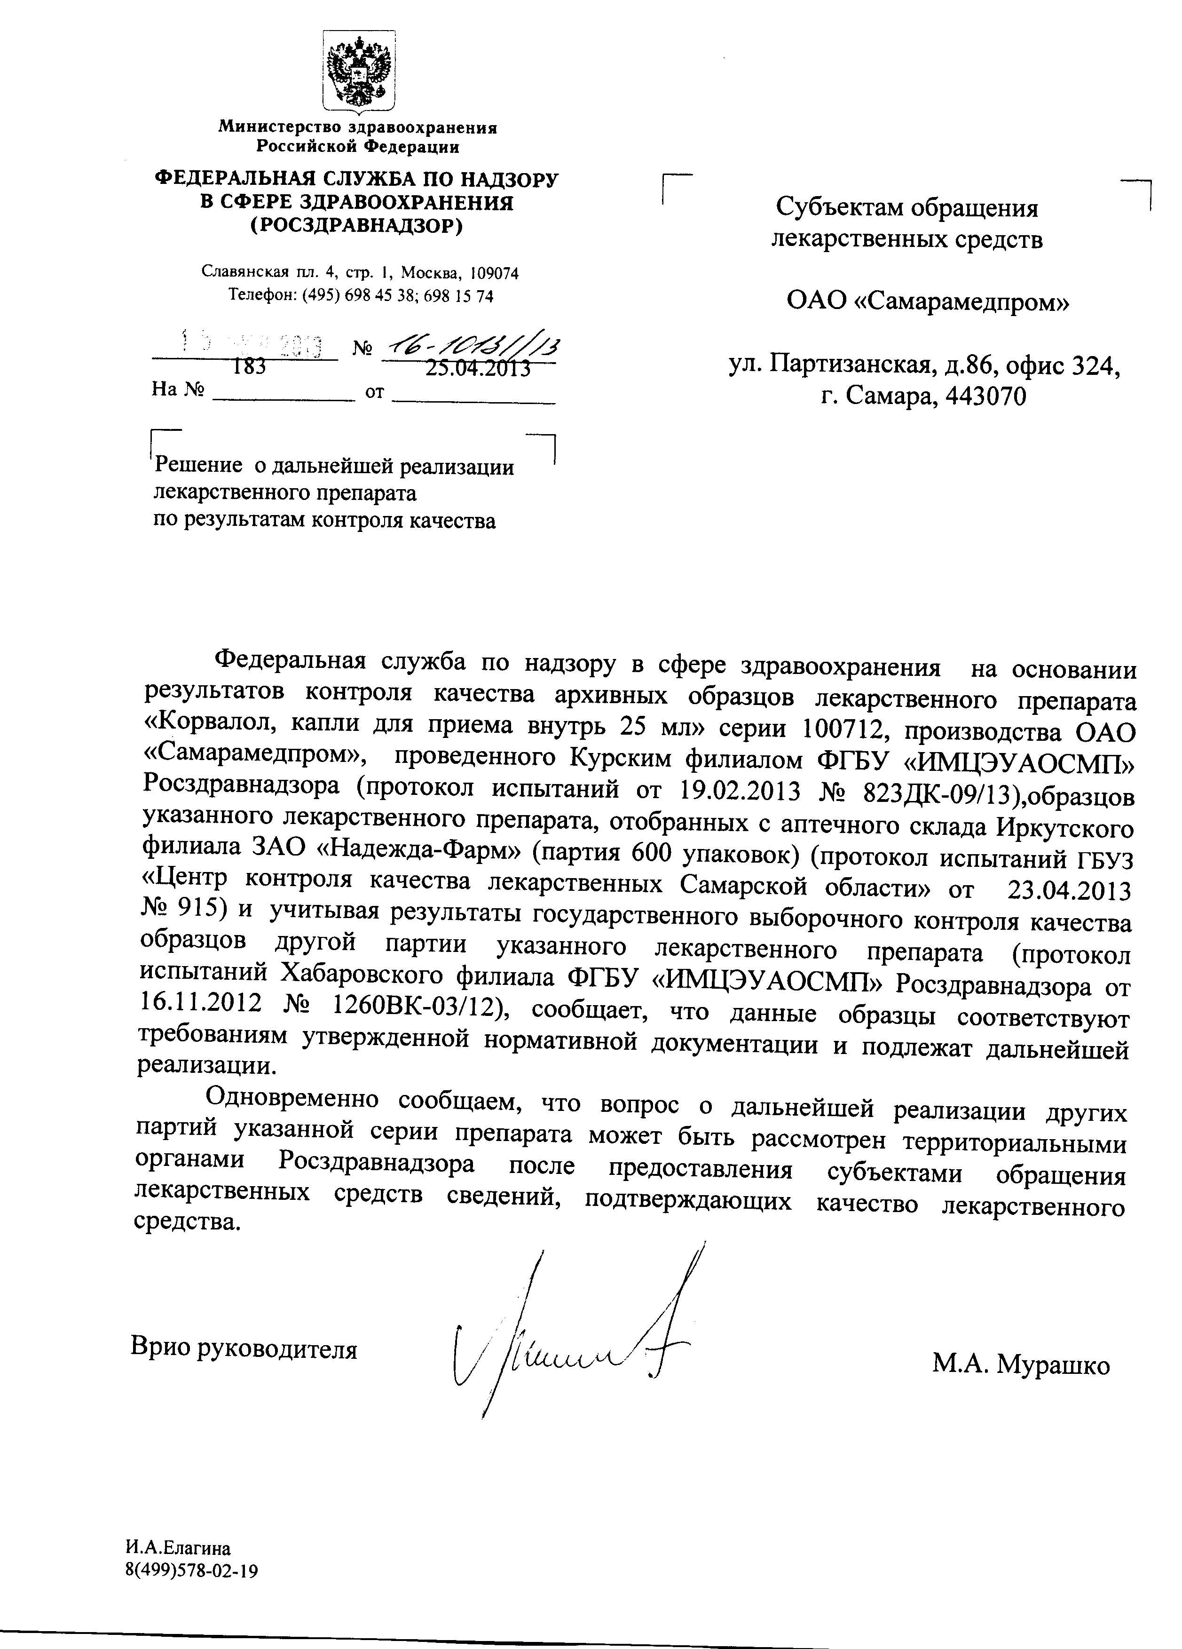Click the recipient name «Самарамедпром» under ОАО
tap(960, 302)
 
